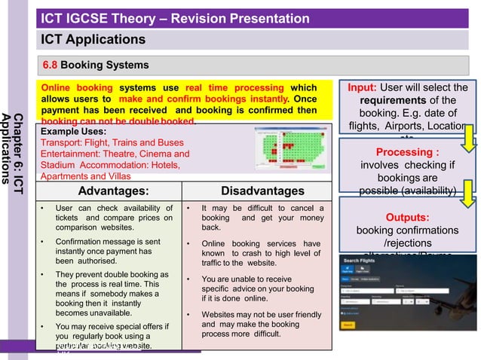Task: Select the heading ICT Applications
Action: (x=93, y=39)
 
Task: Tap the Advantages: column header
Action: (x=113, y=191)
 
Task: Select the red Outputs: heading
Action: (x=407, y=217)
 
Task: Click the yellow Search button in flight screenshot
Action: (x=348, y=325)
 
